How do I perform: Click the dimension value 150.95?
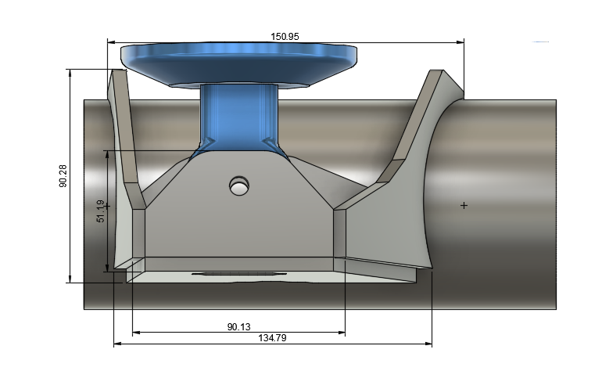click(285, 36)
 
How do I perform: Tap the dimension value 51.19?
click(100, 211)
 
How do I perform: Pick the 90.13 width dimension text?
click(239, 326)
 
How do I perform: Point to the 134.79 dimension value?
click(274, 337)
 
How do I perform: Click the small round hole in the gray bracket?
click(239, 185)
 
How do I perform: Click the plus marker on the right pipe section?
click(464, 205)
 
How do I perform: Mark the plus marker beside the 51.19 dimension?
click(108, 206)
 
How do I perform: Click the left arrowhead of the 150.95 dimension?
click(111, 41)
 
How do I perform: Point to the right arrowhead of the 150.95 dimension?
click(460, 41)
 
